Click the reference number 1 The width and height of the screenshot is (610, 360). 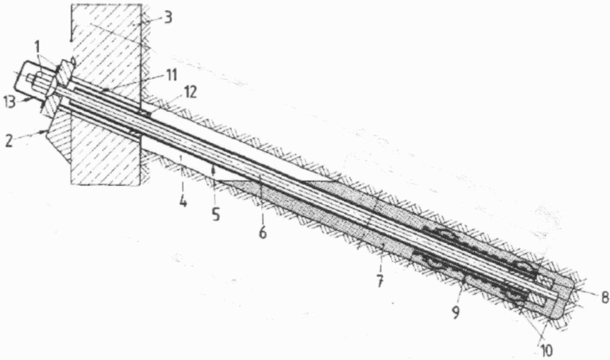38,45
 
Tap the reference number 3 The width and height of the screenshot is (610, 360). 167,18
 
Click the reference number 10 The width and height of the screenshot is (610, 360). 546,349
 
